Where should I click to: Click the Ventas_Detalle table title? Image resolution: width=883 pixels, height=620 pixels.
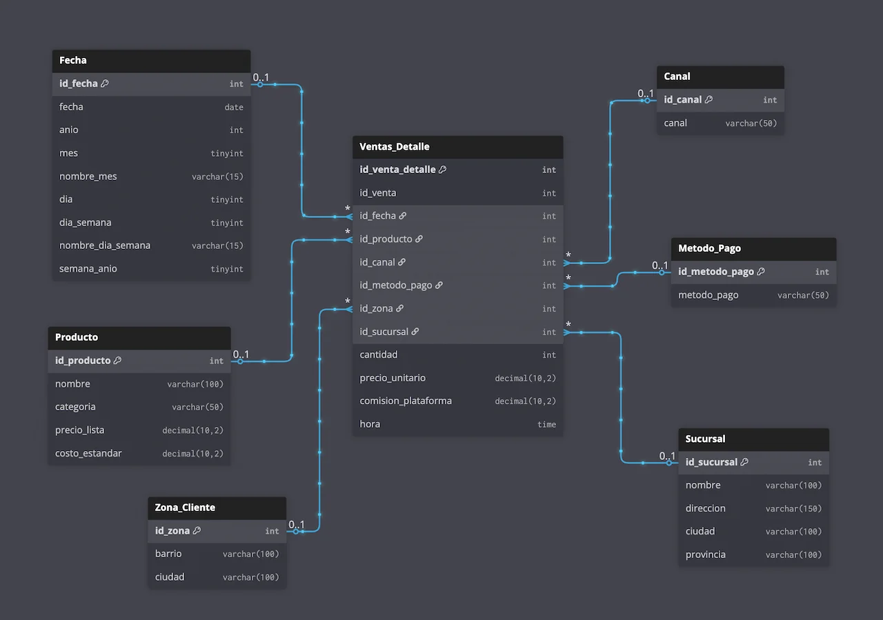click(x=395, y=147)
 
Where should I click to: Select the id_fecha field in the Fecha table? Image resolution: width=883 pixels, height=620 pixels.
click(x=79, y=83)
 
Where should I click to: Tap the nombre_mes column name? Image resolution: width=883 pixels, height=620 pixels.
click(x=88, y=177)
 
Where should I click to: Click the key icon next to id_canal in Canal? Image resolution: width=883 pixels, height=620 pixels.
click(x=708, y=100)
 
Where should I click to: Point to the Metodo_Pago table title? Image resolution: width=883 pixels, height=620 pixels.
click(x=709, y=248)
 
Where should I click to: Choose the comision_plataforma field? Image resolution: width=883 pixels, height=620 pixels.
click(x=406, y=401)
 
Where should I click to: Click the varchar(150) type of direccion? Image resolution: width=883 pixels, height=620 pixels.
click(x=793, y=508)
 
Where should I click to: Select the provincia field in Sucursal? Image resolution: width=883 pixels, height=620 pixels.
click(x=705, y=554)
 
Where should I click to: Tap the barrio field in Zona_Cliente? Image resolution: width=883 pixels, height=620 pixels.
click(x=168, y=554)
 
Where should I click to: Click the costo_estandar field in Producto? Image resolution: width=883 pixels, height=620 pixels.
click(x=88, y=453)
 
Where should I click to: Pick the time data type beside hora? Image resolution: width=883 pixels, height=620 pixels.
click(x=546, y=424)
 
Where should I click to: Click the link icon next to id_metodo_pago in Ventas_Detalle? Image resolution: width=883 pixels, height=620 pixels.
click(x=439, y=286)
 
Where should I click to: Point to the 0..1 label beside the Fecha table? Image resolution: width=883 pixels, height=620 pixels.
click(x=261, y=77)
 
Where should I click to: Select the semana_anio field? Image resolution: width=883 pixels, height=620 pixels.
click(x=88, y=269)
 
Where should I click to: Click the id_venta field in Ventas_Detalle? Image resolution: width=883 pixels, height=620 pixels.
click(x=378, y=193)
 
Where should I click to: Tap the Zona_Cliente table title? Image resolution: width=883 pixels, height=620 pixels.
click(x=185, y=508)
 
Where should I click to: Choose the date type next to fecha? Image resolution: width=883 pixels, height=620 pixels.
click(x=234, y=107)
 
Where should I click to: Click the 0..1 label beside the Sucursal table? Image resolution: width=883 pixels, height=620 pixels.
click(x=667, y=456)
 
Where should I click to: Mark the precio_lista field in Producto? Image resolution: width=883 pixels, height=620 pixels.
click(x=80, y=430)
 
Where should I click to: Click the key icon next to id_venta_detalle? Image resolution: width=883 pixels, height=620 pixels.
click(x=442, y=170)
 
